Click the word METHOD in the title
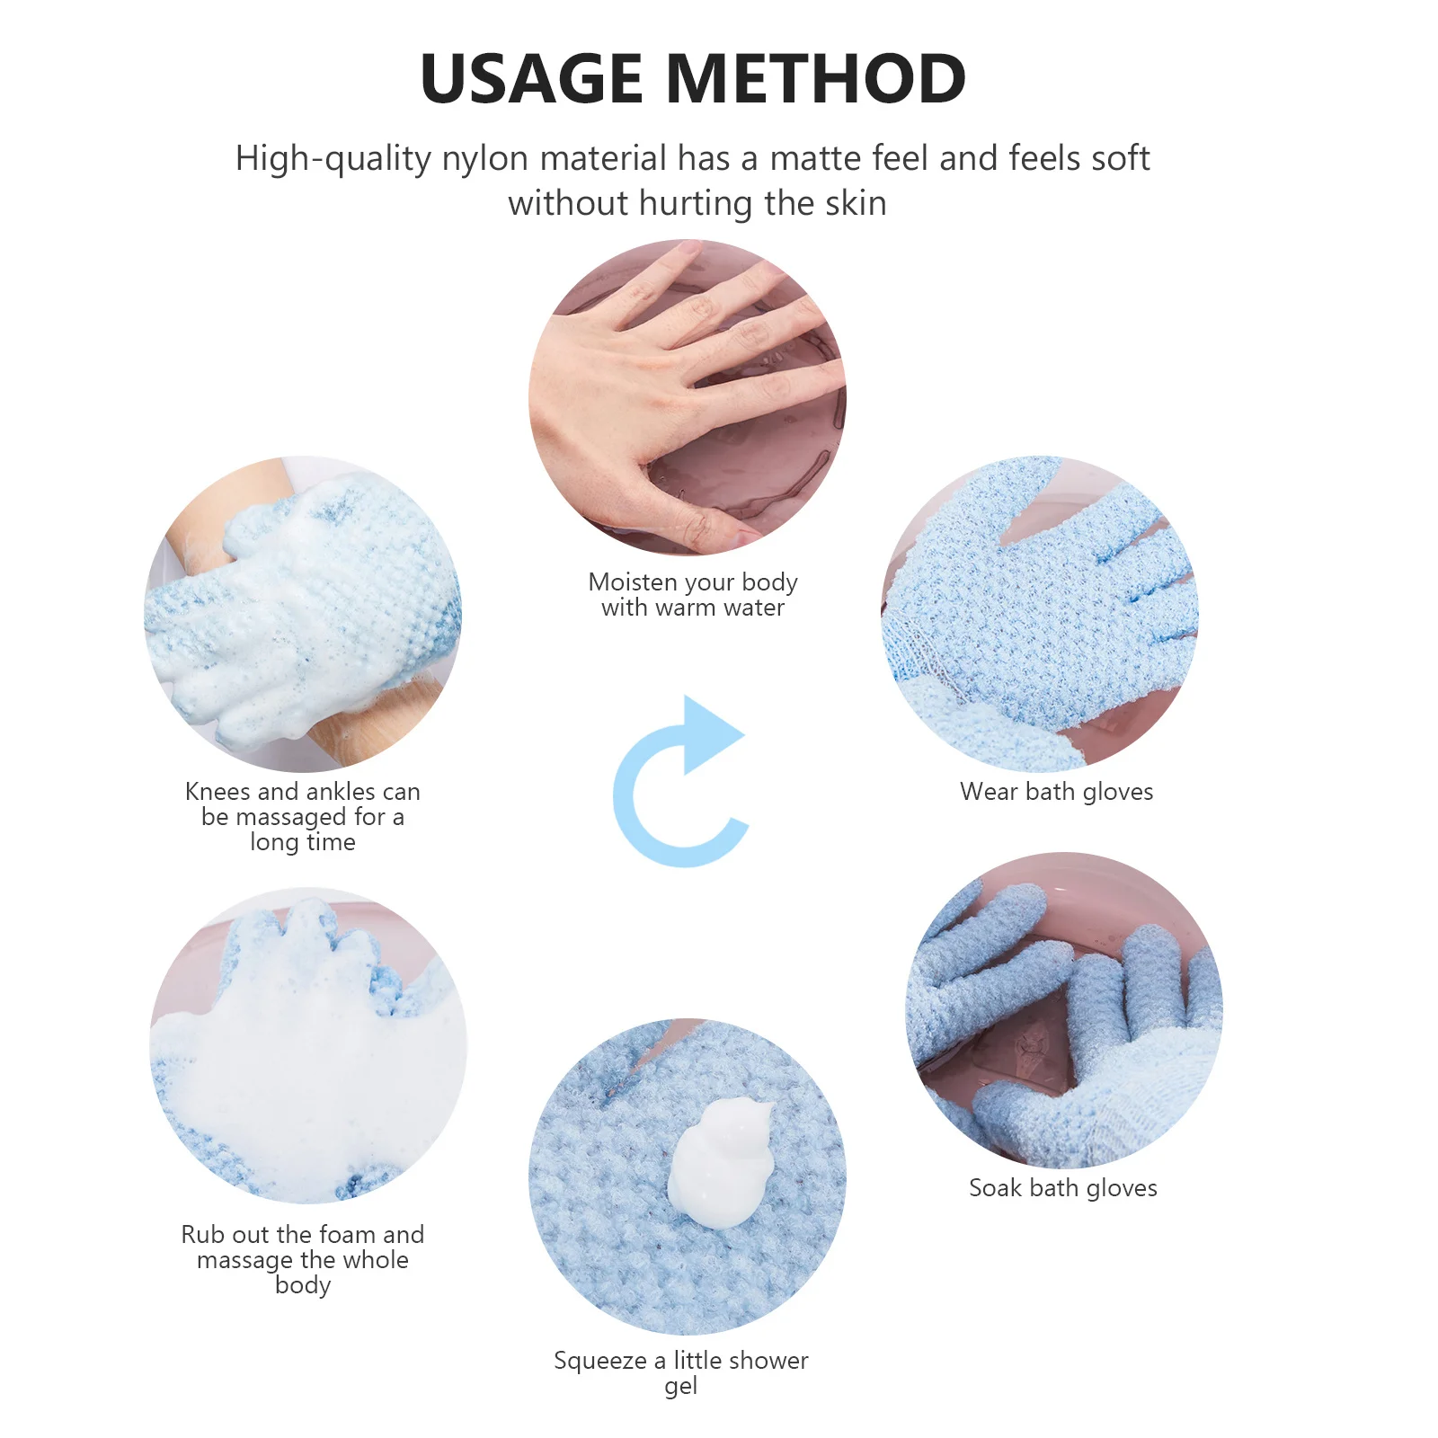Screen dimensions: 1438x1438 (816, 79)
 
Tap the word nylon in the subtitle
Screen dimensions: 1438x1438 (484, 159)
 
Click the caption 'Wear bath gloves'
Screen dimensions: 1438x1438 (1056, 792)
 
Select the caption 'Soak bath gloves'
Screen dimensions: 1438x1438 (1062, 1188)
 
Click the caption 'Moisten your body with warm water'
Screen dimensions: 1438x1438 (692, 595)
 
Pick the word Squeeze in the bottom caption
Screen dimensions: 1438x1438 (599, 1361)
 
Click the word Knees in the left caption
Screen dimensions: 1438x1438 (217, 792)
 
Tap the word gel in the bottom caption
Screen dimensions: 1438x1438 (680, 1387)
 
